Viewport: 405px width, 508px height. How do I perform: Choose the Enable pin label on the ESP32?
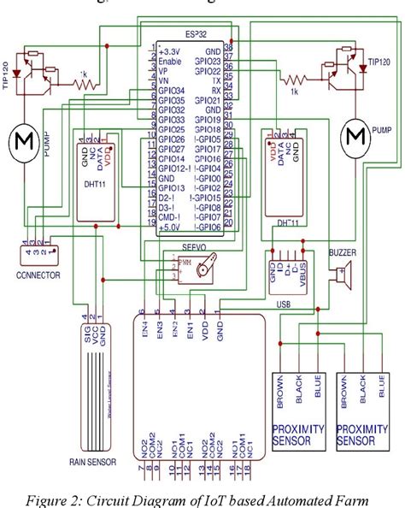tap(168, 62)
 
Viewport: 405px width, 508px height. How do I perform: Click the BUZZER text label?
tap(344, 253)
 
